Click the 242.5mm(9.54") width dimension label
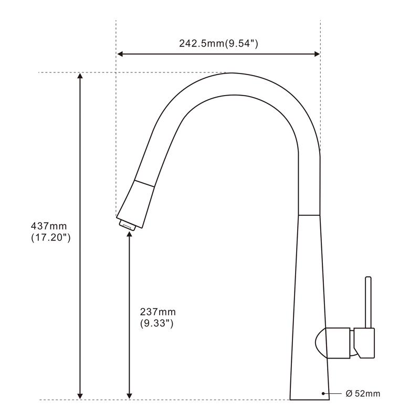coord(218,44)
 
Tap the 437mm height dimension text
coord(49,226)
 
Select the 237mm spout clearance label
coord(158,312)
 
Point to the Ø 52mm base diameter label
coord(363,393)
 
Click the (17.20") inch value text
coord(50,238)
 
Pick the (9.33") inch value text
coord(156,323)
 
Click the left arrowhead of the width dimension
coord(120,54)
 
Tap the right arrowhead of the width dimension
coord(317,54)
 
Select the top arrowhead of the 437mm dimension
coord(80,76)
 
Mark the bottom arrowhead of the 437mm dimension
coord(80,396)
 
